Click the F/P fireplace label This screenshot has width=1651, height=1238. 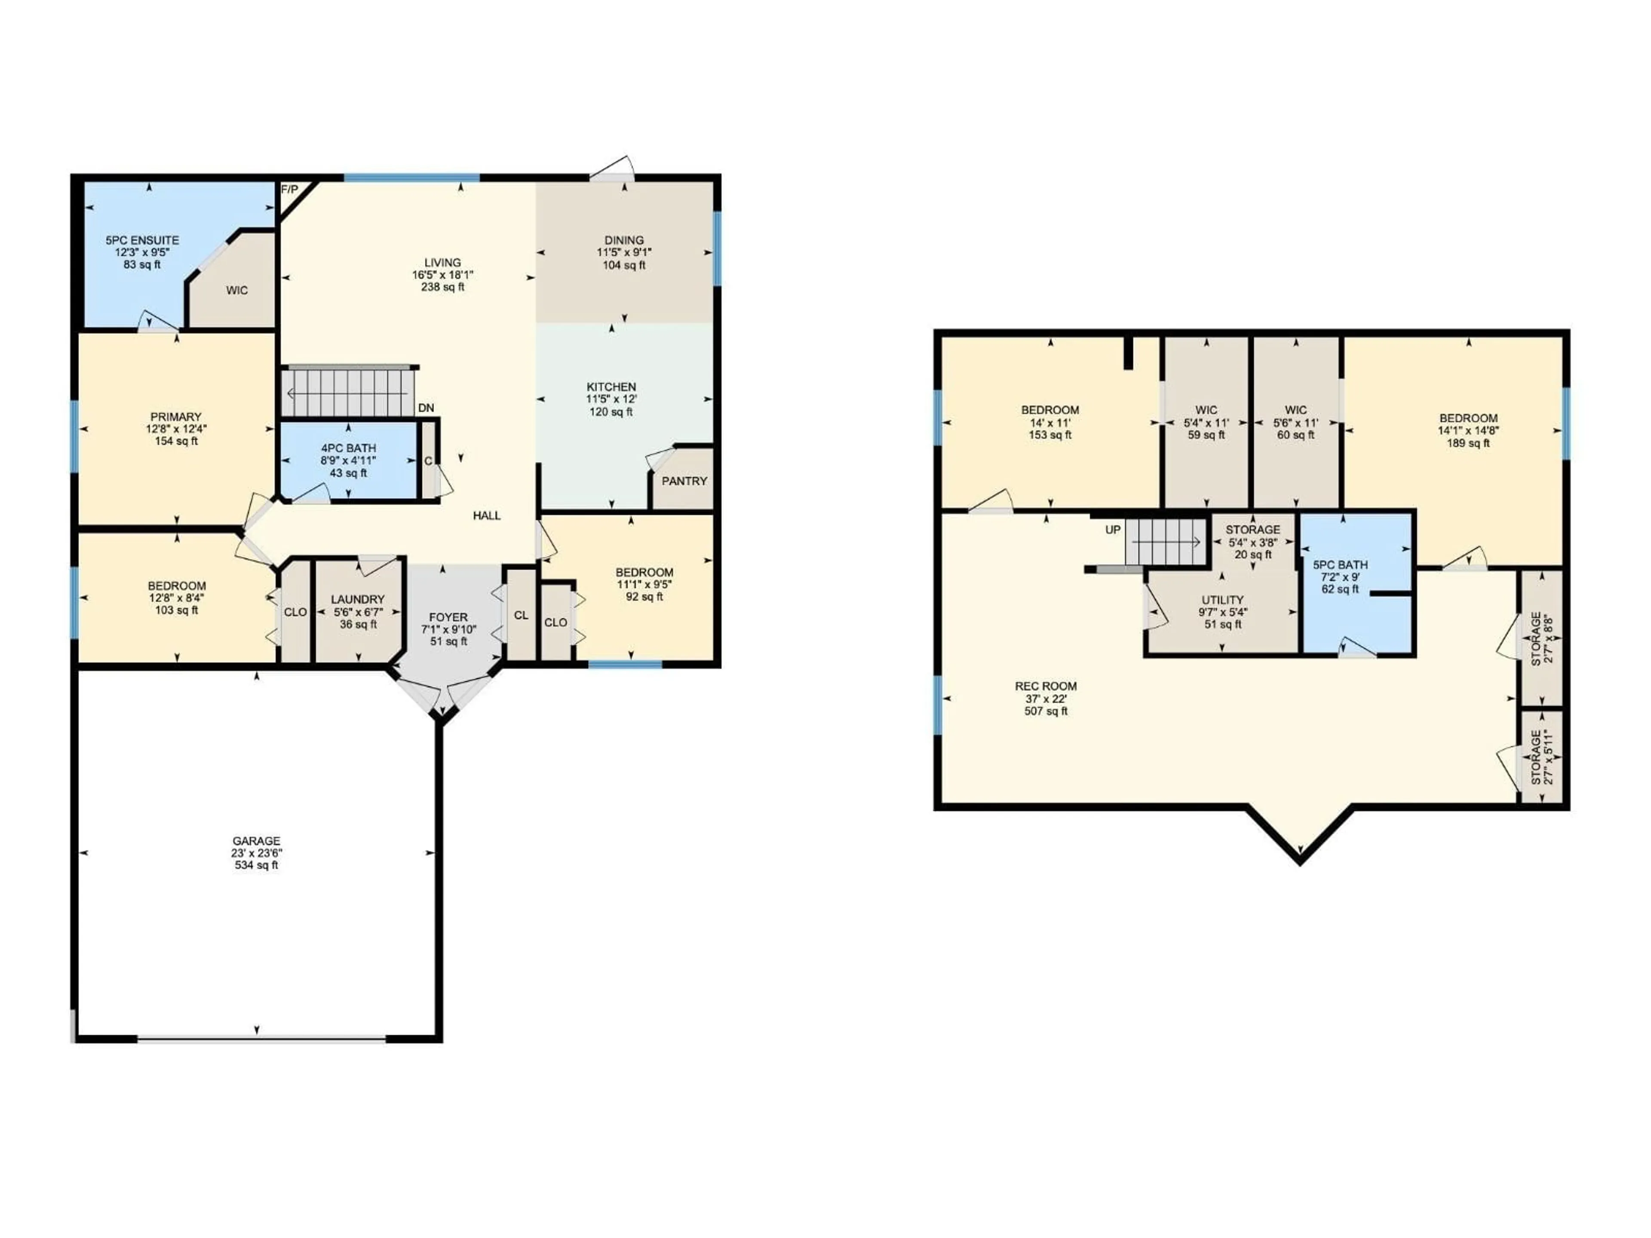tap(289, 190)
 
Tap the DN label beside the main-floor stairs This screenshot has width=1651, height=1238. tap(426, 408)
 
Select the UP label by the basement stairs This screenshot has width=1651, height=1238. tap(1113, 530)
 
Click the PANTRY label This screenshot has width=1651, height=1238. tap(684, 481)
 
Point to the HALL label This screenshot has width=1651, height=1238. tap(487, 516)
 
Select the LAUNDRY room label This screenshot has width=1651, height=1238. tap(358, 599)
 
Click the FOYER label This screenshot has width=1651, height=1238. tap(448, 617)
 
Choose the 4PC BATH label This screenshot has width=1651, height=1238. tap(349, 448)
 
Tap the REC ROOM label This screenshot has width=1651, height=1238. tap(1046, 686)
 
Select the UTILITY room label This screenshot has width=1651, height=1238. tap(1223, 600)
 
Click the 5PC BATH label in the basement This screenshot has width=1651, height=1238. tap(1341, 565)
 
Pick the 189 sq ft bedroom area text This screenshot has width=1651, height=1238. tap(1468, 443)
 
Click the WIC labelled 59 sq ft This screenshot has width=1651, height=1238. tap(1206, 410)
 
